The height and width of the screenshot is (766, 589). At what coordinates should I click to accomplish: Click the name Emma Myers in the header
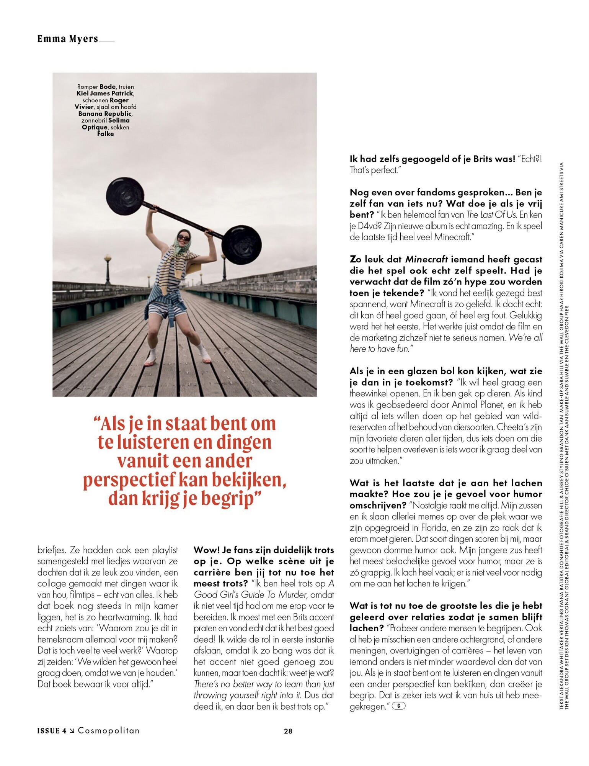[x=68, y=39]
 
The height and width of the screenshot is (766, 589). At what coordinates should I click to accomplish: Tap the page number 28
[x=288, y=731]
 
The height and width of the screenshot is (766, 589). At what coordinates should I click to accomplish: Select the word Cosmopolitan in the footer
[x=109, y=730]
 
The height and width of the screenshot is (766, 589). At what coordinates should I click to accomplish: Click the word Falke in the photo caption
[x=105, y=134]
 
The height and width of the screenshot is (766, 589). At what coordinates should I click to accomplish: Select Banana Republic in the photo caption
[x=105, y=114]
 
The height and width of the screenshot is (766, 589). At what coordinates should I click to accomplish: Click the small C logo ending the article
[x=398, y=705]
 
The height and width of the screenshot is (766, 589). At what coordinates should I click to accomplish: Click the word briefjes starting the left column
[x=52, y=550]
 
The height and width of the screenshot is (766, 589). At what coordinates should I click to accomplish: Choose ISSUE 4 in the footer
[x=51, y=730]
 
